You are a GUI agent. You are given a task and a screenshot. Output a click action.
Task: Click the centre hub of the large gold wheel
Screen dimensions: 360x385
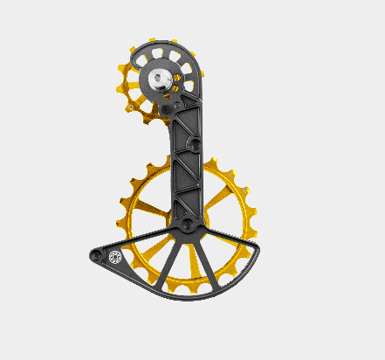(x=186, y=228)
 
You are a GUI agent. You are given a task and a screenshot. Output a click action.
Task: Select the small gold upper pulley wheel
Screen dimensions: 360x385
(x=131, y=87)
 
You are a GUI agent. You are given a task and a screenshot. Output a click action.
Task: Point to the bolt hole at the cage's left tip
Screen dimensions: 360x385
(x=97, y=255)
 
